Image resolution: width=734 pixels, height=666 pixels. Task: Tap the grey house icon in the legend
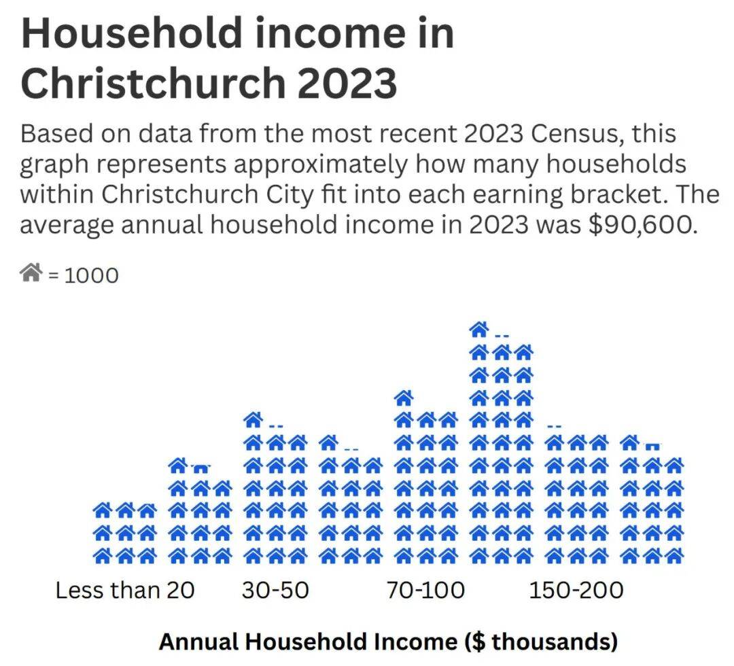pyautogui.click(x=31, y=274)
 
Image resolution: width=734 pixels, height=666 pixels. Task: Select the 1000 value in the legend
pyautogui.click(x=91, y=276)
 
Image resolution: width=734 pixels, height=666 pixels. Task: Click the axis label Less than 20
pyautogui.click(x=125, y=590)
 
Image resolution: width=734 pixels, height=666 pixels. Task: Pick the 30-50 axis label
pyautogui.click(x=275, y=590)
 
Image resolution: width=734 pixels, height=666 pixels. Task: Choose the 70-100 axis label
pyautogui.click(x=426, y=590)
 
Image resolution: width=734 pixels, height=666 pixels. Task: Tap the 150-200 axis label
pyautogui.click(x=576, y=590)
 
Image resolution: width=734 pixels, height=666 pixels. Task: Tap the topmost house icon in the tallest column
pyautogui.click(x=479, y=330)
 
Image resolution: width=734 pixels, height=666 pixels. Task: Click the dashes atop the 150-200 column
pyautogui.click(x=555, y=427)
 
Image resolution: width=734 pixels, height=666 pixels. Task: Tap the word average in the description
pyautogui.click(x=67, y=224)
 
